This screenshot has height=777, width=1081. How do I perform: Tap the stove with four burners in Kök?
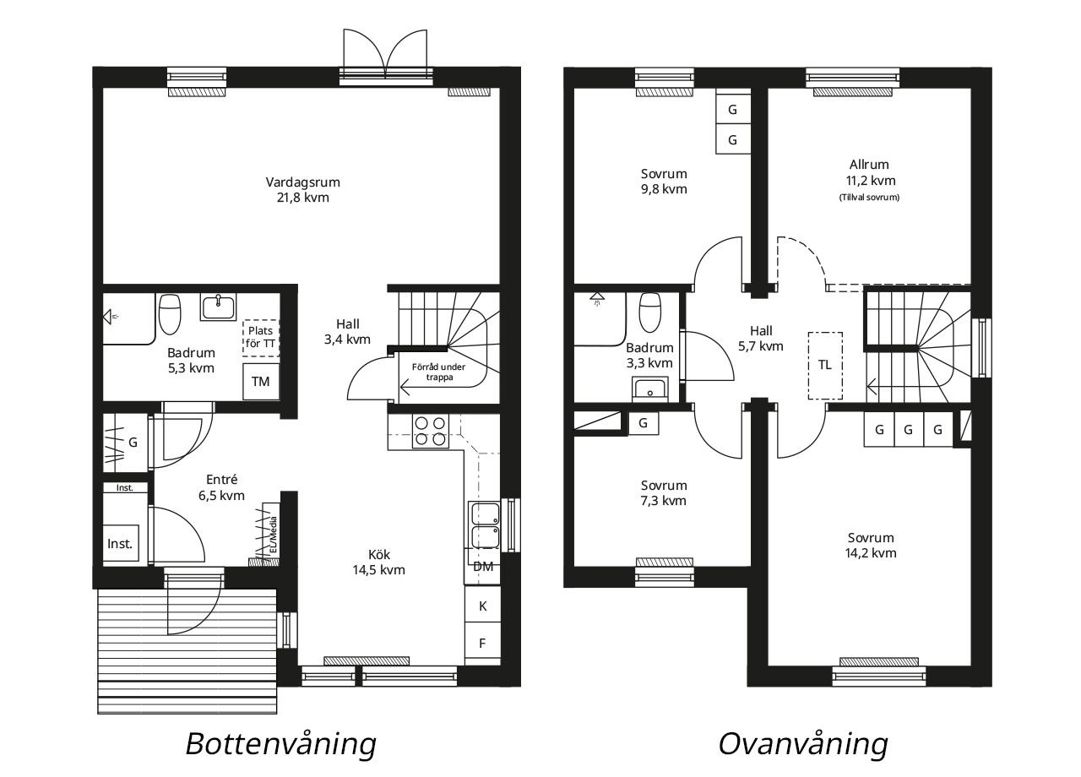pos(430,431)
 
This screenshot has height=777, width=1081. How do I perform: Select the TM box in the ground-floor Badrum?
pos(261,381)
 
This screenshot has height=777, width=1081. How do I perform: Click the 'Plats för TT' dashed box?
pos(261,337)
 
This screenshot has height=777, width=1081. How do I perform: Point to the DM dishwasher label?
pos(482,567)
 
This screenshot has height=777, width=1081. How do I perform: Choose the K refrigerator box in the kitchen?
pos(482,606)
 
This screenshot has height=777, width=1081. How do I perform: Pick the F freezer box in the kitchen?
pos(482,644)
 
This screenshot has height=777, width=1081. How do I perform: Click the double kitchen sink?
pos(485,525)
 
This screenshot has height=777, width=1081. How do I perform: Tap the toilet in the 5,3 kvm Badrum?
pos(170,313)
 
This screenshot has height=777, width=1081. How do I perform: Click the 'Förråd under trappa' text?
pos(438,372)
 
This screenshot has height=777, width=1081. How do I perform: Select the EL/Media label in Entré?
pos(273,535)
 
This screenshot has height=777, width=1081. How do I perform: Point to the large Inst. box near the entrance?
pos(121,543)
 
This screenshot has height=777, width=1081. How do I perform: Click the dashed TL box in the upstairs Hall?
pos(825,366)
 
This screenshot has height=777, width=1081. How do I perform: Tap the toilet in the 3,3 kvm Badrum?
pos(649,312)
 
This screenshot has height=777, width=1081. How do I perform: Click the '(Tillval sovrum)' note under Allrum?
pos(869,198)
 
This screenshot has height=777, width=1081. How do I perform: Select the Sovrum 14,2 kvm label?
pos(871,545)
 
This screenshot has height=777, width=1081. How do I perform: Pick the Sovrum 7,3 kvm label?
pos(664,492)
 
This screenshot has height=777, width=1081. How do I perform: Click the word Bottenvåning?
pos(281,744)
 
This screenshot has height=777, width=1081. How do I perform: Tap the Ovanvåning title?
pos(803,744)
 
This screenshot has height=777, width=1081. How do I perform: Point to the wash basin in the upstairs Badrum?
pos(650,389)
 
